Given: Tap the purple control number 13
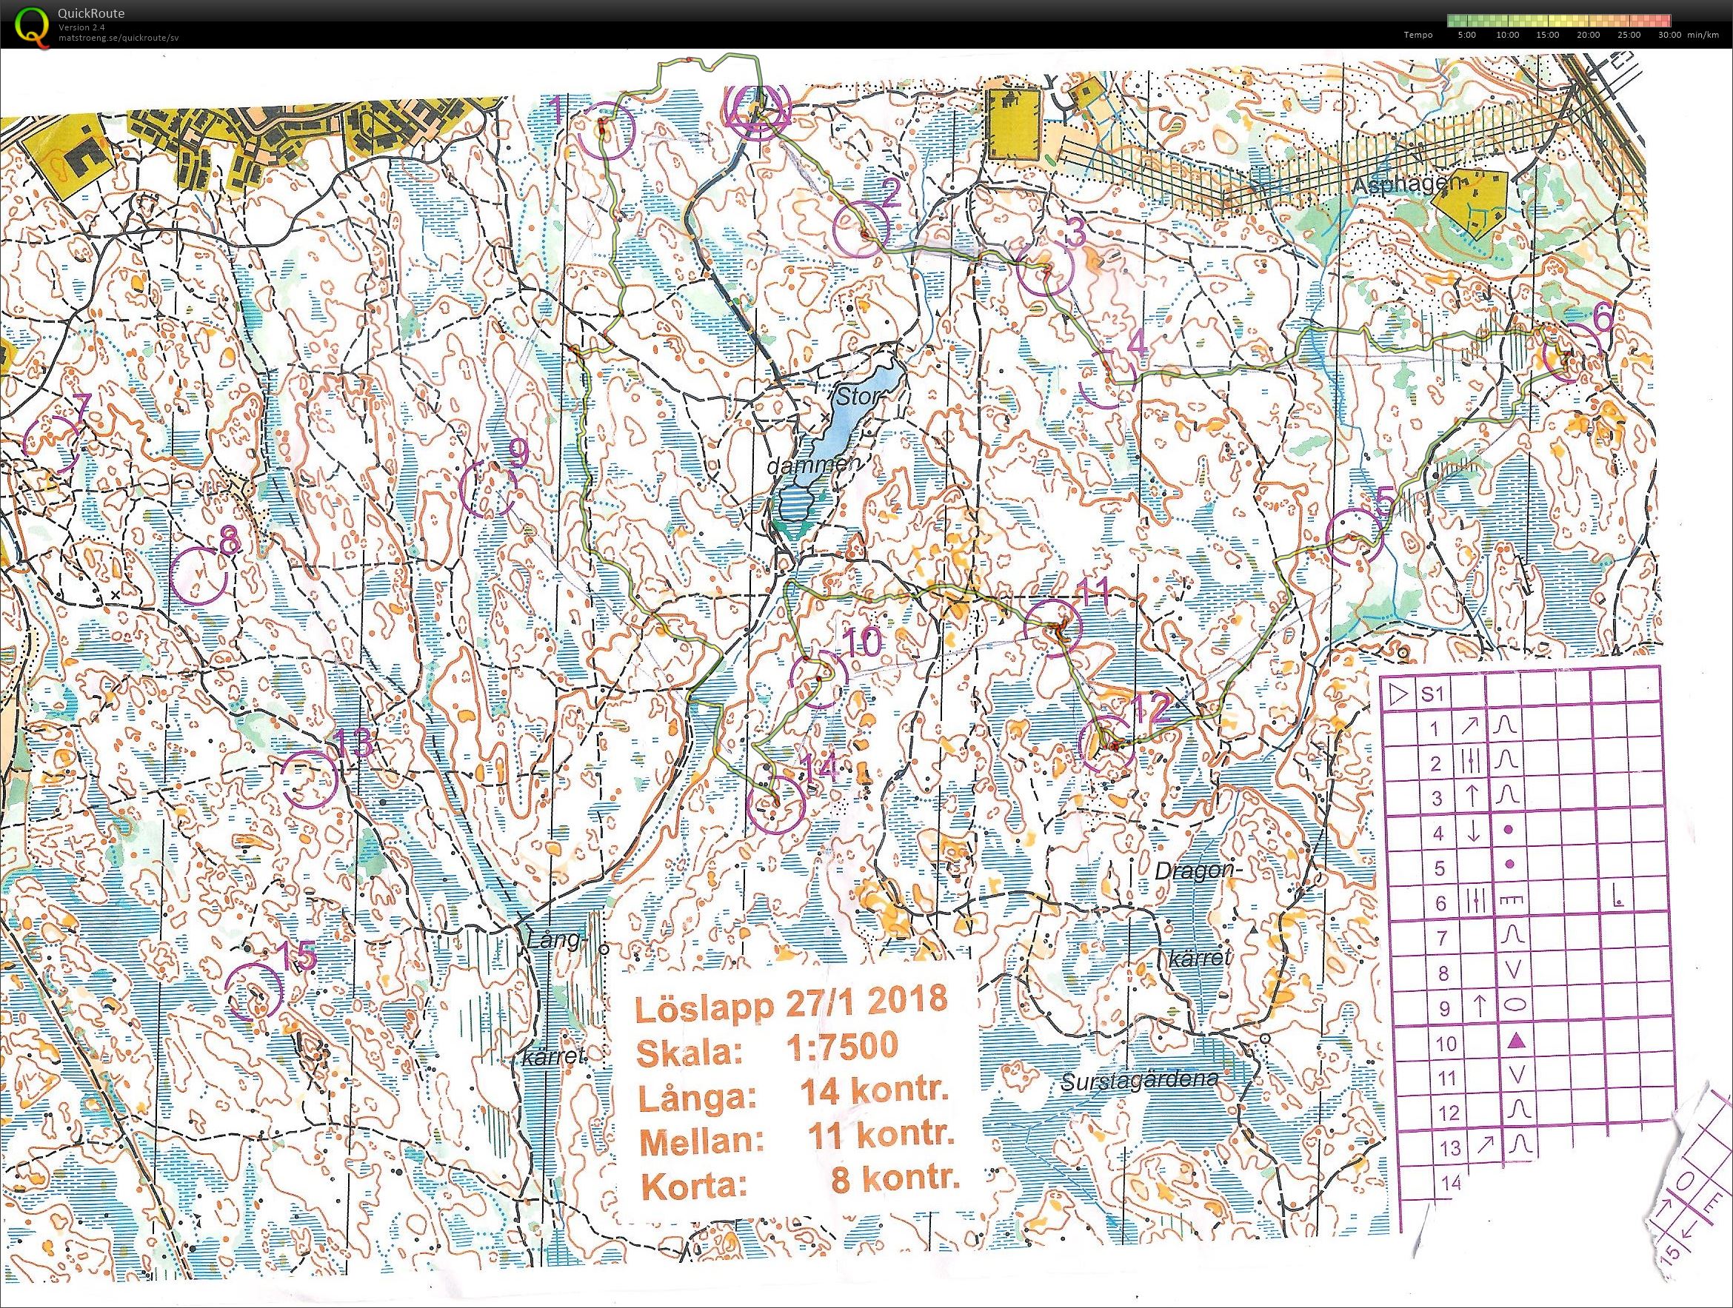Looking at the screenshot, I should (x=352, y=743).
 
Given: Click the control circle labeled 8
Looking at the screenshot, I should (x=199, y=574).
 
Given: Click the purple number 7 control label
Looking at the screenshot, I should (x=82, y=405).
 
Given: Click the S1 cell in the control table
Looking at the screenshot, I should (x=1432, y=694).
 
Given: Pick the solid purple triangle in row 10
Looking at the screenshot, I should (x=1515, y=1041).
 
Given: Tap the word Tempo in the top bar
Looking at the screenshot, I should (x=1418, y=36).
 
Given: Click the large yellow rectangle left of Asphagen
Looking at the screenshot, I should (x=1015, y=124).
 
